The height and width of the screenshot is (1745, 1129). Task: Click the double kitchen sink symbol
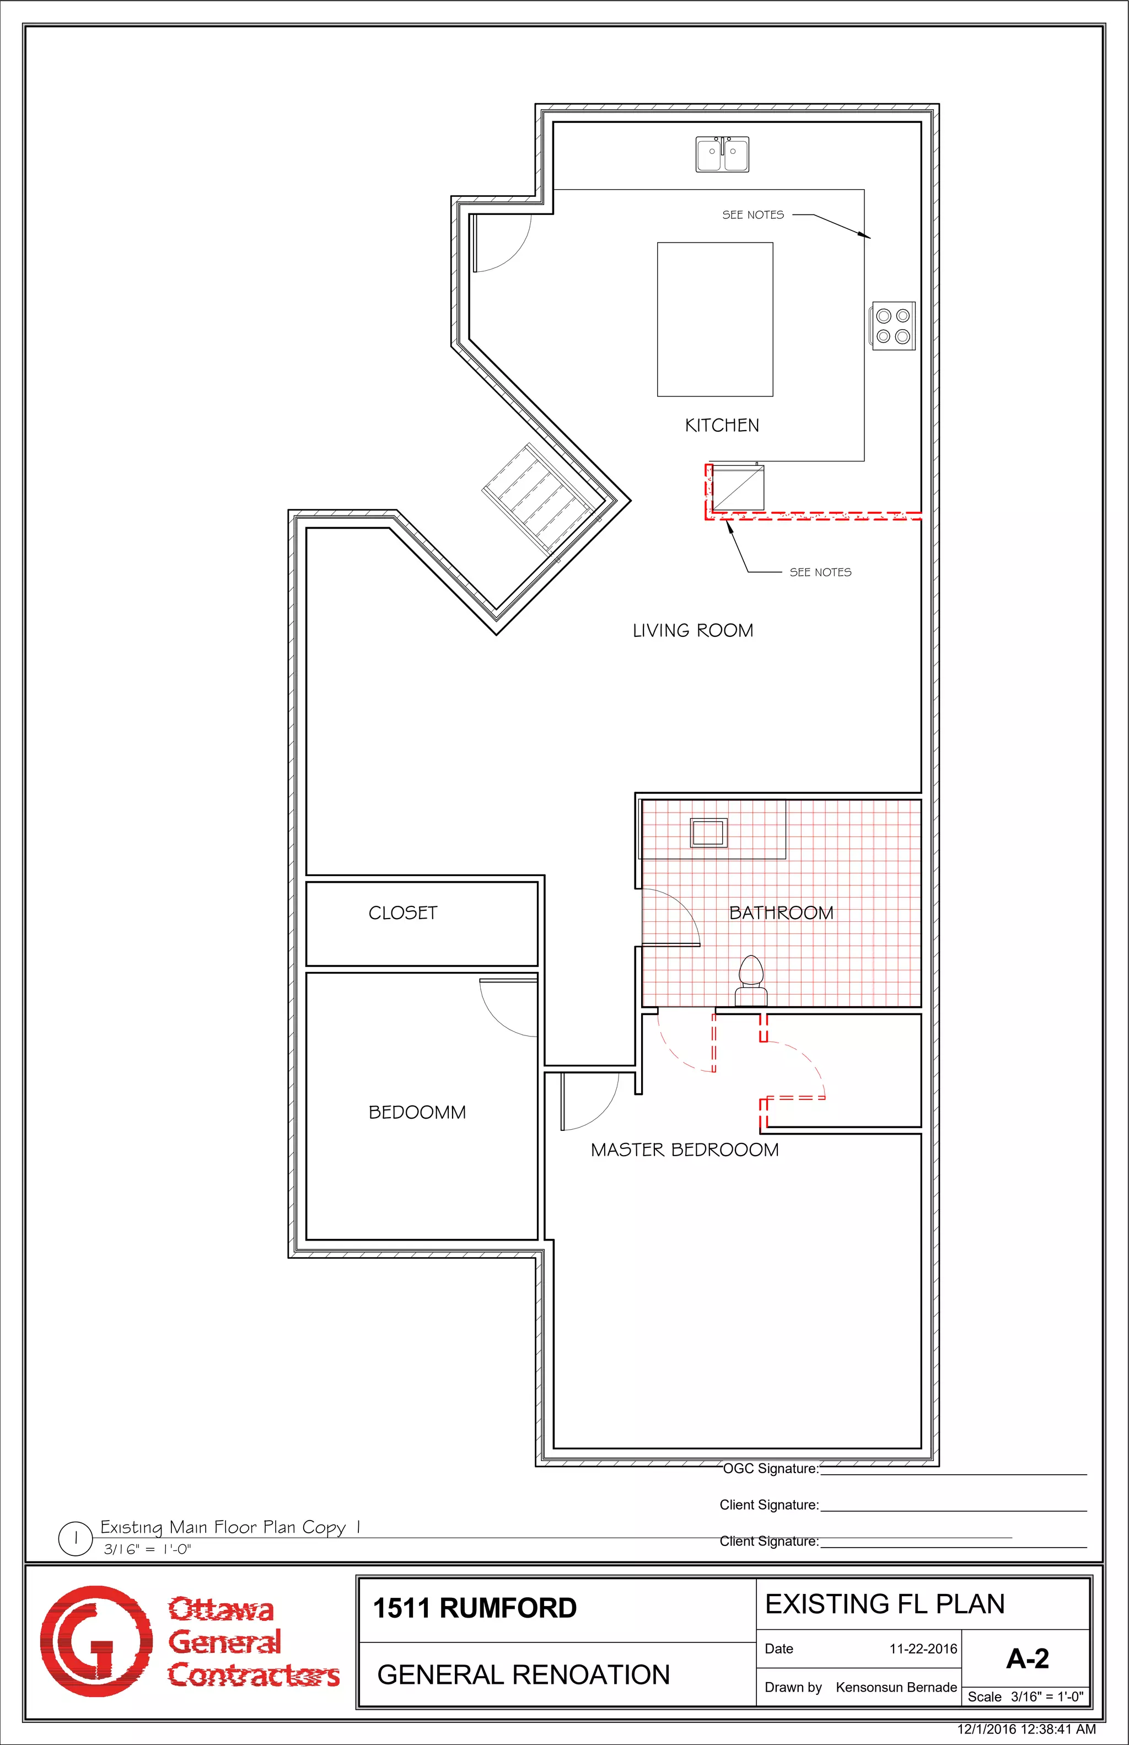click(722, 154)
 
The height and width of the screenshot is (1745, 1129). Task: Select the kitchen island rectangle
click(715, 319)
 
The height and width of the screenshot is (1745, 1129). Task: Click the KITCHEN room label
click(722, 425)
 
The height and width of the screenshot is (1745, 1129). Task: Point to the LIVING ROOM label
click(693, 631)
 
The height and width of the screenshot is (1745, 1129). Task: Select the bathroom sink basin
click(708, 832)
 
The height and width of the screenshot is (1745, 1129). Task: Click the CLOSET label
click(402, 913)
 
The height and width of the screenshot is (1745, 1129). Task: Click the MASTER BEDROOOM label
click(684, 1150)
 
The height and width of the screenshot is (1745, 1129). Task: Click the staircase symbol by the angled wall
click(539, 498)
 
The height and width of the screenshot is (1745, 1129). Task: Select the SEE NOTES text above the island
click(753, 215)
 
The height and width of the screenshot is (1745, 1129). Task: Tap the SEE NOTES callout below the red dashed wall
click(820, 572)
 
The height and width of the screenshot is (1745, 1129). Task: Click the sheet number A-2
click(1027, 1658)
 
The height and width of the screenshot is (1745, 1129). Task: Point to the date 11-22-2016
click(923, 1649)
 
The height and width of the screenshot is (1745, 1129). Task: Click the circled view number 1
click(75, 1538)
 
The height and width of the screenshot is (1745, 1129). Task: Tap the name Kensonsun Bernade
click(896, 1687)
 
